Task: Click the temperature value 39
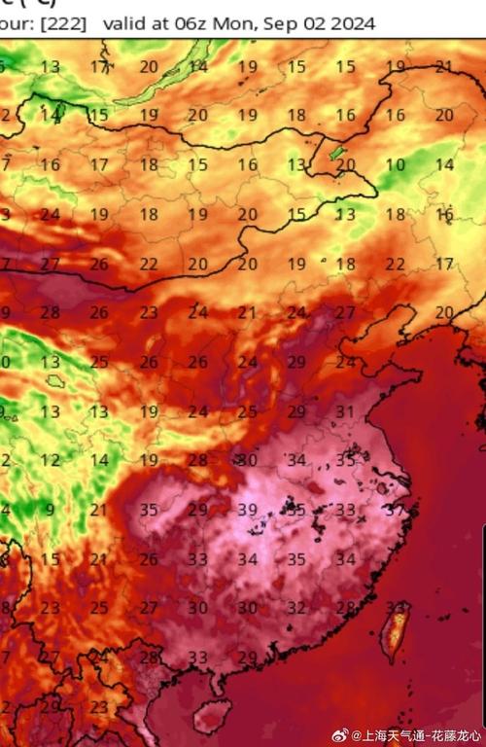tap(247, 510)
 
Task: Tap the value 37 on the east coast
tap(396, 510)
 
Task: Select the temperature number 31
tap(345, 411)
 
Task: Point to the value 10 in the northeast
tap(395, 165)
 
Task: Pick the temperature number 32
tap(296, 607)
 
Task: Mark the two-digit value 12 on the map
tap(51, 460)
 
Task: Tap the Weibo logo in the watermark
tap(339, 734)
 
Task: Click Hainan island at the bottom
tap(211, 719)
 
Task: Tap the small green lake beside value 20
tap(335, 154)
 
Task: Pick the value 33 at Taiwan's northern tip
tap(396, 607)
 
